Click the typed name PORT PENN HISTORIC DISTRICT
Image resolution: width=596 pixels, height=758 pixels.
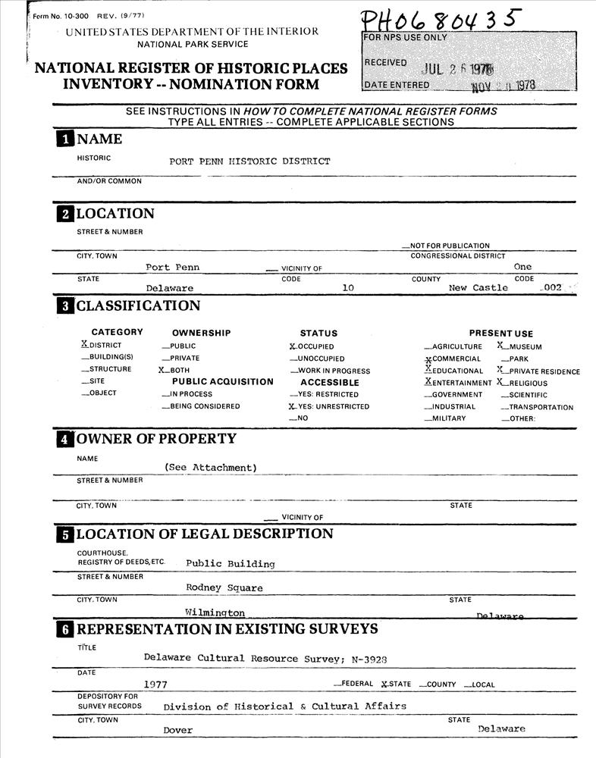249,161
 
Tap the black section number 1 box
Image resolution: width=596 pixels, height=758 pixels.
65,139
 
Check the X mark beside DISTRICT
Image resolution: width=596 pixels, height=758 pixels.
85,344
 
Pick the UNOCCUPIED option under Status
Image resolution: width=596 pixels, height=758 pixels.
321,359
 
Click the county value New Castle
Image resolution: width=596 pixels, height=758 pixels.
478,288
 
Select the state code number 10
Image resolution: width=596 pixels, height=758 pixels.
348,288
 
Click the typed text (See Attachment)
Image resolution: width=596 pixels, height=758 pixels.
211,468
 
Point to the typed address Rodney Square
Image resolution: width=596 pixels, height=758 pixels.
224,587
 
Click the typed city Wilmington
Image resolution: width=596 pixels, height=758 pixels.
215,612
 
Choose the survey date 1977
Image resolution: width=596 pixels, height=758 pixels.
155,684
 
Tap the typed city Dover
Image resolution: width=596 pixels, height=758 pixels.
178,730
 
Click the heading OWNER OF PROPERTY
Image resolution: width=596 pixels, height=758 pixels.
156,439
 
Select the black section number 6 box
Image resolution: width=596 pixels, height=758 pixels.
65,630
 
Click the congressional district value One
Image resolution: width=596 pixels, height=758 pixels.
522,267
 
